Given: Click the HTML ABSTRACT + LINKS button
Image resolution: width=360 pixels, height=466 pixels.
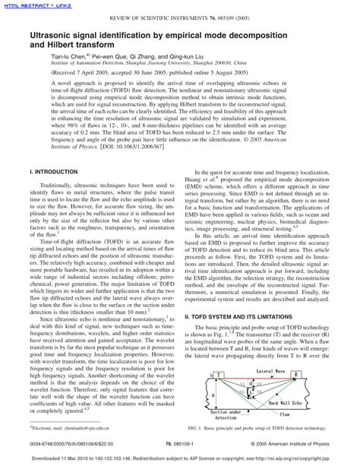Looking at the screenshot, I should pos(33,7).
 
